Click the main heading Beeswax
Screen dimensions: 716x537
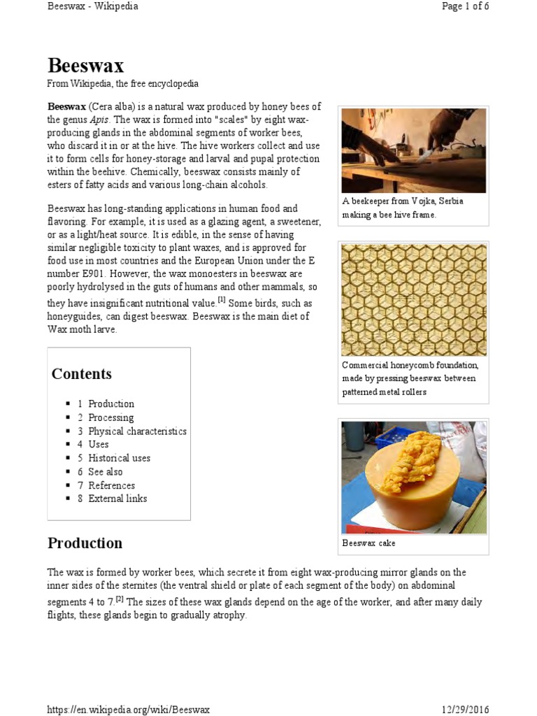pyautogui.click(x=85, y=66)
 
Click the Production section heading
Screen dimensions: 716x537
pyautogui.click(x=85, y=543)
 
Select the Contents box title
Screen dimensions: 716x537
pyautogui.click(x=81, y=373)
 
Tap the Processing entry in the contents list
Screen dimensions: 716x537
pyautogui.click(x=110, y=417)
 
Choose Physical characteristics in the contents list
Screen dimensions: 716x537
pyautogui.click(x=137, y=431)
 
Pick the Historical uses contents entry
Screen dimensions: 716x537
pyautogui.click(x=119, y=458)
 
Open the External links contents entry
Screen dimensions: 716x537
pyautogui.click(x=117, y=499)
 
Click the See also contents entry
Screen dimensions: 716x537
pyautogui.click(x=105, y=471)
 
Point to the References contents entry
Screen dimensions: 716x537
pyautogui.click(x=111, y=485)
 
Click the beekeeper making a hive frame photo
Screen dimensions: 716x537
pyautogui.click(x=413, y=150)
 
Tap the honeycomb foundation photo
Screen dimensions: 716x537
pyautogui.click(x=413, y=299)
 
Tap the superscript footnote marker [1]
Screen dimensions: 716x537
pyautogui.click(x=221, y=300)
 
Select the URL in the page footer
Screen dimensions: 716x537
pyautogui.click(x=128, y=710)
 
